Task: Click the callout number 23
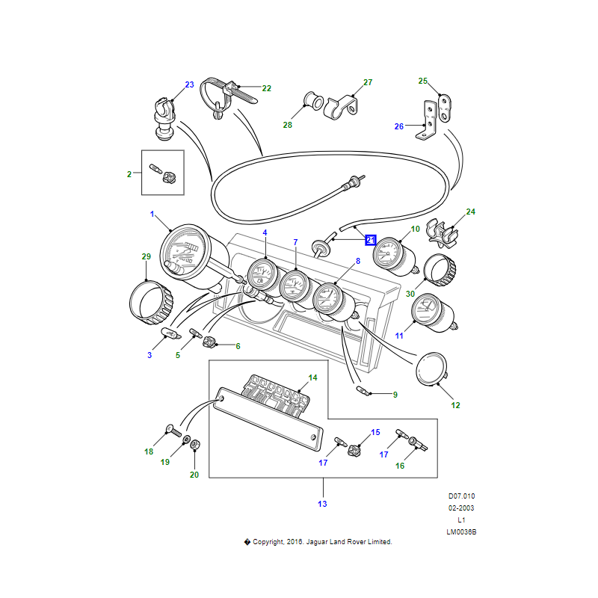189,84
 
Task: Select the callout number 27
367,82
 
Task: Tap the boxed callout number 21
371,240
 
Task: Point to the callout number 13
322,504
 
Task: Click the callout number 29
147,257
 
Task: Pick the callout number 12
455,405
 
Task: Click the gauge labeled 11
429,314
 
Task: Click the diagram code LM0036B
461,532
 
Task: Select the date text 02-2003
461,508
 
